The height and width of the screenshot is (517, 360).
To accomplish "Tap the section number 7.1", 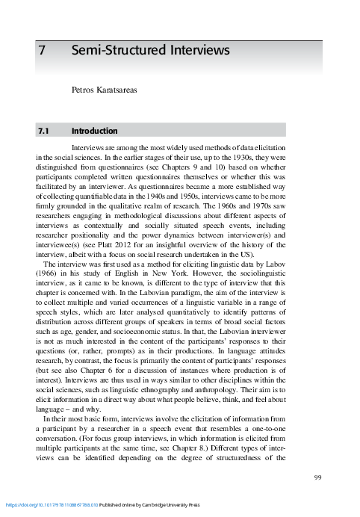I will point(43,131).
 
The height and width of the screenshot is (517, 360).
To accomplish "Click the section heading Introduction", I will point(94,131).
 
